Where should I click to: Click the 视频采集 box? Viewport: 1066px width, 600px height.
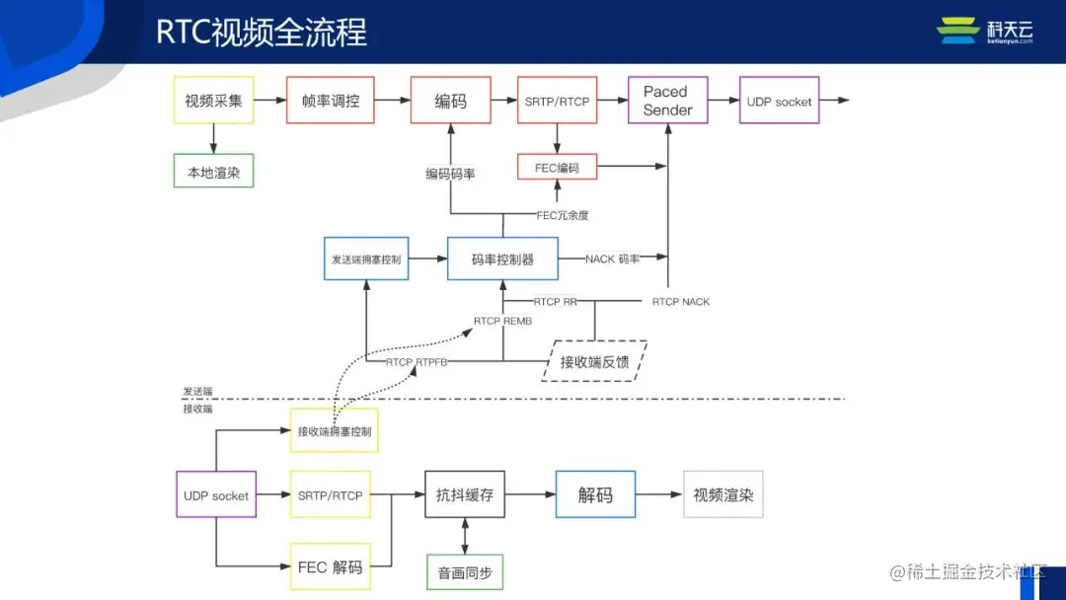coord(213,101)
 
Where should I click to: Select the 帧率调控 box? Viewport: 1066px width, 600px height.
coord(330,101)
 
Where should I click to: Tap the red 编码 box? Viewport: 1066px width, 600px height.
coord(450,101)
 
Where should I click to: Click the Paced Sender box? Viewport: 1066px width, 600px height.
coord(667,101)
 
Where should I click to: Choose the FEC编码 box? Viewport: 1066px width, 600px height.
coord(557,167)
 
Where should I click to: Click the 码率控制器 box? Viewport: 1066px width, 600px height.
coord(502,260)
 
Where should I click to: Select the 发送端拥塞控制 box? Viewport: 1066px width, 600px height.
coord(365,260)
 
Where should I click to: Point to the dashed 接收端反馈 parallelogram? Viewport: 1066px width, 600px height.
coord(594,361)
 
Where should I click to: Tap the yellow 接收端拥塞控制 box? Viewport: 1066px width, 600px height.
coord(334,431)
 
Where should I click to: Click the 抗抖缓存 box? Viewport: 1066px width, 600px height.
coord(465,494)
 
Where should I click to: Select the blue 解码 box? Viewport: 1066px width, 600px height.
coord(594,494)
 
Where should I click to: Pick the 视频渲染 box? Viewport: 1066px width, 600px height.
coord(723,494)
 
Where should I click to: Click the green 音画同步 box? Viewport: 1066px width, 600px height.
coord(465,572)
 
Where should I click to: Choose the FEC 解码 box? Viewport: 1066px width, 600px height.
coord(330,567)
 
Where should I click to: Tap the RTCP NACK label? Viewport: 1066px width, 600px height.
coord(680,302)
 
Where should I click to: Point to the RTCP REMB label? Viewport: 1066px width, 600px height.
coord(502,321)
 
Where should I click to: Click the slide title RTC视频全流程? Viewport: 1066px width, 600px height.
coord(262,32)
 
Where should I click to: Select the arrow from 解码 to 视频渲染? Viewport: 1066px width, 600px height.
coord(658,494)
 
